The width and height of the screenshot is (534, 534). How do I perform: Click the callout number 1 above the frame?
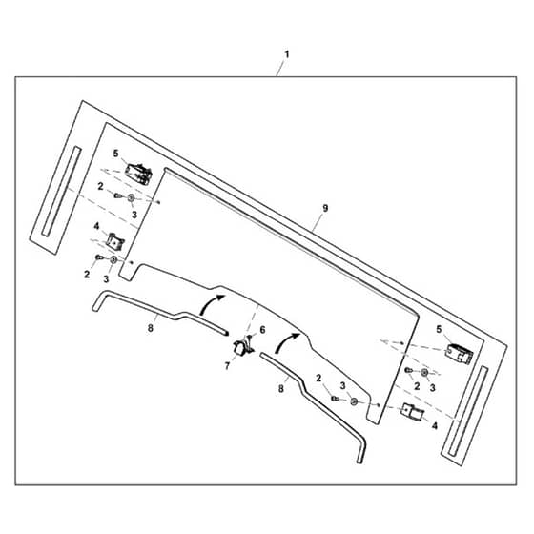click(287, 54)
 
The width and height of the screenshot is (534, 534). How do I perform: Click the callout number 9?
click(325, 208)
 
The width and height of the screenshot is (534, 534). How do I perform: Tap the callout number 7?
click(227, 366)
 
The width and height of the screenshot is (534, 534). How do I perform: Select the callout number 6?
click(262, 330)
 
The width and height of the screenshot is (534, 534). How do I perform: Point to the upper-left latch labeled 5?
click(138, 174)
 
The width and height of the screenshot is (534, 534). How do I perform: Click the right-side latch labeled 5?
click(459, 354)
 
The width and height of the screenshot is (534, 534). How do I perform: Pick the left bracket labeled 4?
click(114, 241)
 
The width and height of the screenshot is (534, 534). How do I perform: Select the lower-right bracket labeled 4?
click(413, 412)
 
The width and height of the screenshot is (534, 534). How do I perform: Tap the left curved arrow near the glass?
click(211, 303)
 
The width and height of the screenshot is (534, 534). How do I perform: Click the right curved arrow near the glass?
click(285, 342)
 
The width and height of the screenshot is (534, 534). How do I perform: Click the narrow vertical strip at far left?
click(61, 191)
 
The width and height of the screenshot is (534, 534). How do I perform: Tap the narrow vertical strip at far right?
click(468, 411)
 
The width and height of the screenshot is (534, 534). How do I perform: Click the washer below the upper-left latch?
click(131, 198)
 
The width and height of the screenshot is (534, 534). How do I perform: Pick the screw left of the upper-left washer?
click(118, 195)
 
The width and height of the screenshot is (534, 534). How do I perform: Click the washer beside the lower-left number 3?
click(113, 260)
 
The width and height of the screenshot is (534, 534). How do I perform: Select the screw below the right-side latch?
click(409, 370)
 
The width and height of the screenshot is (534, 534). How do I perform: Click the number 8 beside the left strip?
click(151, 328)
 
